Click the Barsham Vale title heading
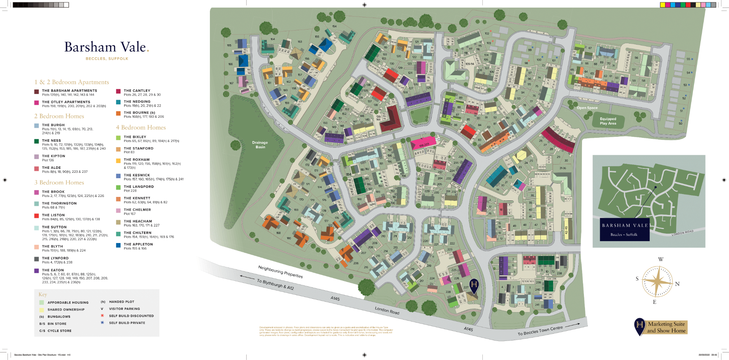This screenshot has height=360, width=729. click(106, 47)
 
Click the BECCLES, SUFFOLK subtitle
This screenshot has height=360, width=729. click(107, 59)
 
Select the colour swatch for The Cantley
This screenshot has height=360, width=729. click(118, 91)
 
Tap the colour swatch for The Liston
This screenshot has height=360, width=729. click(36, 216)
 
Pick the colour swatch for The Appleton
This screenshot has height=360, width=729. click(118, 245)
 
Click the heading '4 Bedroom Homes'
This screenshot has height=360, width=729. click(141, 127)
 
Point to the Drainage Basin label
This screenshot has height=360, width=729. click(260, 145)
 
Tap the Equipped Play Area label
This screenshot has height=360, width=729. click(608, 121)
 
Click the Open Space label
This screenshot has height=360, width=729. click(587, 108)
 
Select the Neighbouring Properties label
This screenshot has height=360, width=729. click(280, 272)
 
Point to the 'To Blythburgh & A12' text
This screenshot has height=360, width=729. click(275, 284)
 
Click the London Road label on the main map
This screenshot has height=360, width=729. click(387, 310)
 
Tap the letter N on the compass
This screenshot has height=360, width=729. click(677, 284)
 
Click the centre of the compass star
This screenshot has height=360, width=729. click(657, 282)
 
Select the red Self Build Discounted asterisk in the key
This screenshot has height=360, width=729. click(102, 316)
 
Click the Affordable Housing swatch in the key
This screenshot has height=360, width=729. click(42, 303)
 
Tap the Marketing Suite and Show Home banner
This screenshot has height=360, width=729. click(666, 327)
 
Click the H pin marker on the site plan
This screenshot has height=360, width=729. click(474, 285)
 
